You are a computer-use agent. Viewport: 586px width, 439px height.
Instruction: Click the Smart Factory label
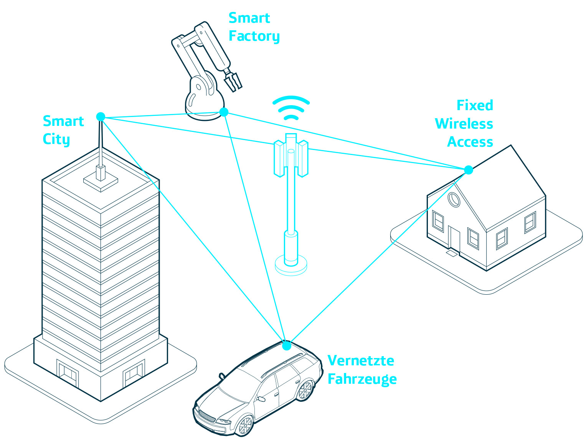[254, 27]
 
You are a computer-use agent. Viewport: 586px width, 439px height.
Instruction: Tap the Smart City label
[63, 130]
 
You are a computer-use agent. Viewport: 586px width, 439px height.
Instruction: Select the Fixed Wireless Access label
[464, 124]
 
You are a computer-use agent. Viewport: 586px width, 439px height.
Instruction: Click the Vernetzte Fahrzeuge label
[362, 370]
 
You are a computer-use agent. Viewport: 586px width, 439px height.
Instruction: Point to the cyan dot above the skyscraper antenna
[101, 117]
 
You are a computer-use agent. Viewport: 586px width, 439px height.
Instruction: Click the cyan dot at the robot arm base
[224, 112]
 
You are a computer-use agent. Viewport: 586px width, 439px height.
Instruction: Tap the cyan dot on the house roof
[468, 170]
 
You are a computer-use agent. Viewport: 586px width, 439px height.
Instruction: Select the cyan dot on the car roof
[286, 346]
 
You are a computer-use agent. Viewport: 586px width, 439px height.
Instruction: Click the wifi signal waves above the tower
[291, 107]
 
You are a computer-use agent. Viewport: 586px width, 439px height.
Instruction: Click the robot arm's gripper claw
[233, 81]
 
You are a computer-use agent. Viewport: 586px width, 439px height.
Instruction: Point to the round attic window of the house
[454, 200]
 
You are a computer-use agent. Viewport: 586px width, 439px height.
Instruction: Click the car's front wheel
[244, 425]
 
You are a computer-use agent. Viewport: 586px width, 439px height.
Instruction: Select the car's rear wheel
[305, 390]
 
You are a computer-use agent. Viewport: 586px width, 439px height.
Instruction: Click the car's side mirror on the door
[262, 399]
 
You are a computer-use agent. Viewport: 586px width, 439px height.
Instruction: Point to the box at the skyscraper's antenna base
[101, 173]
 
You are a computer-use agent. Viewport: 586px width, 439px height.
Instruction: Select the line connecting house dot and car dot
[378, 257]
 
